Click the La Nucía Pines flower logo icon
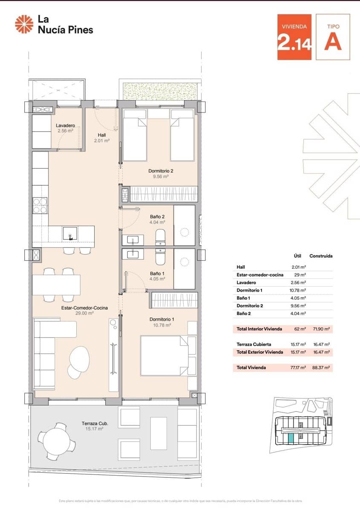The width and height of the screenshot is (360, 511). (x=24, y=24)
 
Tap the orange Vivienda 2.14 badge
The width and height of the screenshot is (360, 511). (x=294, y=37)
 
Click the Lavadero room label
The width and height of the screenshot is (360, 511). (x=66, y=126)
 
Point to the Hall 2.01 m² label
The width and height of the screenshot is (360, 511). (x=101, y=138)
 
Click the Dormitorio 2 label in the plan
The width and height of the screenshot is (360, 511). (x=161, y=171)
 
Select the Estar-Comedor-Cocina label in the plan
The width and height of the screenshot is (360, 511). (x=84, y=308)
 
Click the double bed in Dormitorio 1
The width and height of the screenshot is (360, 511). (x=164, y=356)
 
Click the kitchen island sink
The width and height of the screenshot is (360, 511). (x=70, y=233)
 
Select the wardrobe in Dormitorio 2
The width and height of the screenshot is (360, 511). (x=164, y=194)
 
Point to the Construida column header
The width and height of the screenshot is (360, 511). (x=321, y=256)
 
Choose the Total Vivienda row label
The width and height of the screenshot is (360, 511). (x=251, y=367)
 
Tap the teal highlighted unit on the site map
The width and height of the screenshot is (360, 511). (x=291, y=438)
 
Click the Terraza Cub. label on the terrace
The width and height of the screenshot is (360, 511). (x=95, y=424)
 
